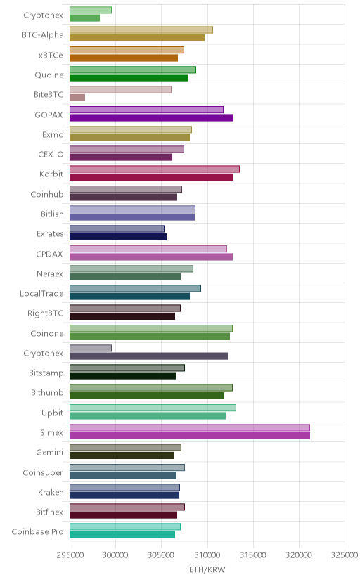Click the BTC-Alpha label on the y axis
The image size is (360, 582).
[x=43, y=35]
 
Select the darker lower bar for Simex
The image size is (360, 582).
[x=190, y=435]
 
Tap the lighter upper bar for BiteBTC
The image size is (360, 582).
[x=120, y=90]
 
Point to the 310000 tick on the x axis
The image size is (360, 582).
[x=207, y=555]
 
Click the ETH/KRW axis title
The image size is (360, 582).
[x=207, y=570]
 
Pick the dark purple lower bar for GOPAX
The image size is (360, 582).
[x=151, y=117]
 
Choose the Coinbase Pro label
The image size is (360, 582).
[x=37, y=532]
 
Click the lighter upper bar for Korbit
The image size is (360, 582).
[x=155, y=169]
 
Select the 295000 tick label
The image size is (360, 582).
[x=70, y=555]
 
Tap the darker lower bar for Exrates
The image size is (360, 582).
[x=118, y=237]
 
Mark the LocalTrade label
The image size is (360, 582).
[x=41, y=294]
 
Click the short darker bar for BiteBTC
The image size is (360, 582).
[x=77, y=98]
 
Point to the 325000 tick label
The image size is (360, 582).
[x=345, y=555]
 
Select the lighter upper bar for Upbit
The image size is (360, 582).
[x=153, y=408]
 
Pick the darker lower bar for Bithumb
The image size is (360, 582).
[x=147, y=396]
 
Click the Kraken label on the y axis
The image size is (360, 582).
[x=51, y=493]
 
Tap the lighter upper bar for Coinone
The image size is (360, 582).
[x=151, y=328]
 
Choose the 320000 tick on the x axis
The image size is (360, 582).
[x=299, y=555]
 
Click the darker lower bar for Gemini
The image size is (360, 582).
[x=122, y=455]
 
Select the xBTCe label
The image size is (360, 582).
[x=51, y=56]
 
